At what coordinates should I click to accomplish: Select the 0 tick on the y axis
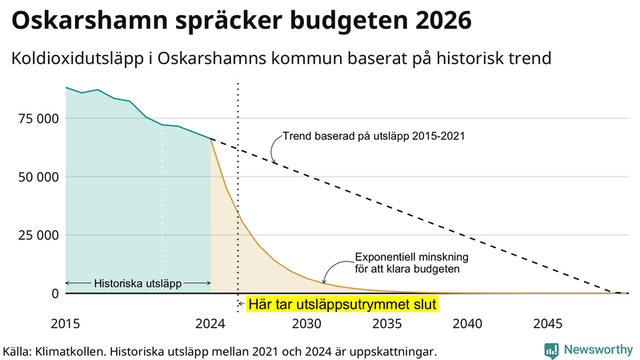tap(54, 294)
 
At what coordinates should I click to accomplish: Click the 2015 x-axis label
tap(66, 324)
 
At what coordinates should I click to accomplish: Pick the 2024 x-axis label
tap(210, 324)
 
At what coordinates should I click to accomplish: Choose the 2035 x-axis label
tap(388, 324)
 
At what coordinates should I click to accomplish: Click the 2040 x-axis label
tap(468, 324)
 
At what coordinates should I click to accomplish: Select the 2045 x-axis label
tap(548, 324)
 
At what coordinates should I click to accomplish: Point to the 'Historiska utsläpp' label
tap(138, 283)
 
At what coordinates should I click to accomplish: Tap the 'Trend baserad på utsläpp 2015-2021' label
tap(373, 136)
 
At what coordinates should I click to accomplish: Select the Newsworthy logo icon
tap(551, 350)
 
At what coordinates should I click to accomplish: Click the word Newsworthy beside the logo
tap(597, 350)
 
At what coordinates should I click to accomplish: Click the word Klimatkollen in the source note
tap(71, 351)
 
